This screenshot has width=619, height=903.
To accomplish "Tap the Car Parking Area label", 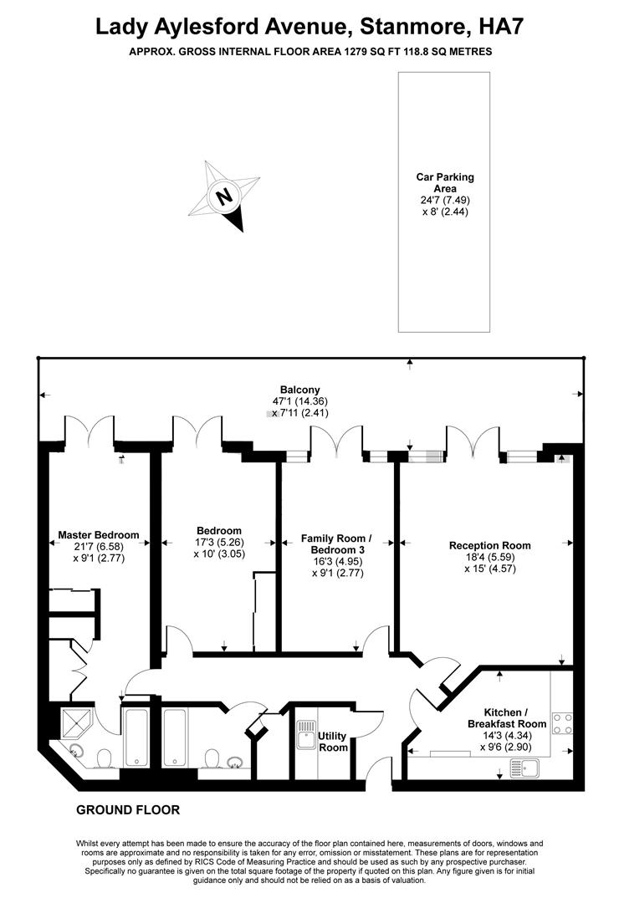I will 445,182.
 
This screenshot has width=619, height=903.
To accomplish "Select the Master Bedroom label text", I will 99,534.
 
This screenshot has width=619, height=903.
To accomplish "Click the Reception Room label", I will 489,545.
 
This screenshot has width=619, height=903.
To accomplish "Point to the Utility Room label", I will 333,742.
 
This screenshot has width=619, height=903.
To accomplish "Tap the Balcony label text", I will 299,389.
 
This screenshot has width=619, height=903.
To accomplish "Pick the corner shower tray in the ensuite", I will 76,719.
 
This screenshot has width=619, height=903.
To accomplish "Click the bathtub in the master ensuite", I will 136,737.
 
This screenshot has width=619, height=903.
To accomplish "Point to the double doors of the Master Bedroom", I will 90,430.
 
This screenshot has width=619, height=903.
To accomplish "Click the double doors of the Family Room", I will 336,441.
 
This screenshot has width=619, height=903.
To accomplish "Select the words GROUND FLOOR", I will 128,810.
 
